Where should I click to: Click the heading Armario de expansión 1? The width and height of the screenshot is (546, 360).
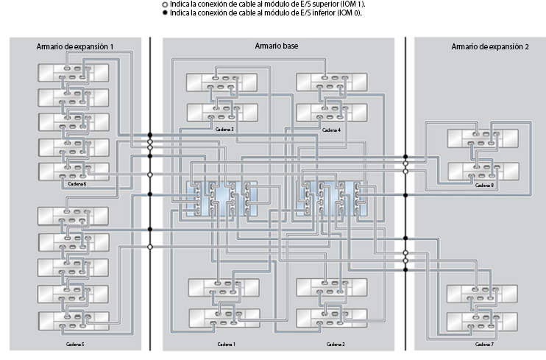click(x=75, y=47)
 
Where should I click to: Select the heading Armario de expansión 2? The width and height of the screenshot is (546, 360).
click(x=489, y=47)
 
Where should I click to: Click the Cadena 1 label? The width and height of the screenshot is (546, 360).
click(x=226, y=344)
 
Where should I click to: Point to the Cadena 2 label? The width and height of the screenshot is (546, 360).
click(x=334, y=344)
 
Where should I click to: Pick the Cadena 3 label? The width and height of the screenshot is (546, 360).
click(x=225, y=129)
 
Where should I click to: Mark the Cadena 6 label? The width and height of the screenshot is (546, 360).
click(x=77, y=183)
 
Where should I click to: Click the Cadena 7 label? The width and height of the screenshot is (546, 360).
click(x=482, y=344)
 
